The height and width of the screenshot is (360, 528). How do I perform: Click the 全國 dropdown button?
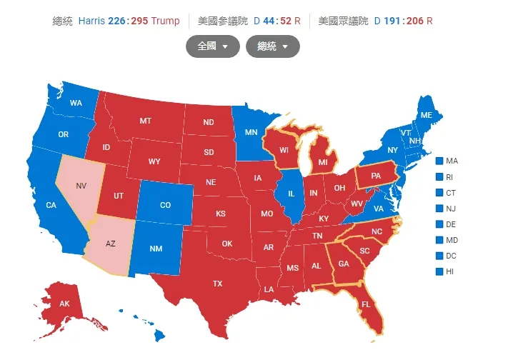[x=211, y=46]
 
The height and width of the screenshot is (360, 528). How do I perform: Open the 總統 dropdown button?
[x=272, y=46]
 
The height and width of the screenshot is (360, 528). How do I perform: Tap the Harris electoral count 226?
[x=116, y=21]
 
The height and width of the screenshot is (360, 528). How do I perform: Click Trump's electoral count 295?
[x=139, y=21]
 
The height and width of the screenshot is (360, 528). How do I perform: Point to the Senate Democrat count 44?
[x=269, y=21]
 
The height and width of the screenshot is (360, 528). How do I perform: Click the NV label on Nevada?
[x=82, y=185]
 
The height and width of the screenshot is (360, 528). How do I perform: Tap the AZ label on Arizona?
[x=110, y=244]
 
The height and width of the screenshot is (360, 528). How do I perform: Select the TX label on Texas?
[x=217, y=284]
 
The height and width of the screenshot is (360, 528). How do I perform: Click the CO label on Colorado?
[x=165, y=205]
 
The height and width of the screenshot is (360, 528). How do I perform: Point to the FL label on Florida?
[x=365, y=304]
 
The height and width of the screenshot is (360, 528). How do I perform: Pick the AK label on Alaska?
[x=64, y=304]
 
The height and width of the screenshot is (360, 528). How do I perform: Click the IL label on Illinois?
[x=291, y=194]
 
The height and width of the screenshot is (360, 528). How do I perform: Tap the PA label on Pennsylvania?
[x=374, y=175]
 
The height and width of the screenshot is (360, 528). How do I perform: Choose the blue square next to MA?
[x=439, y=161]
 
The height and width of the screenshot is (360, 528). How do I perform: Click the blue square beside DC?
[x=439, y=256]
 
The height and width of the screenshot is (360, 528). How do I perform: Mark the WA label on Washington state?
[x=76, y=104]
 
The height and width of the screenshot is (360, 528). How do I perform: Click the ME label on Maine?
[x=426, y=115]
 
